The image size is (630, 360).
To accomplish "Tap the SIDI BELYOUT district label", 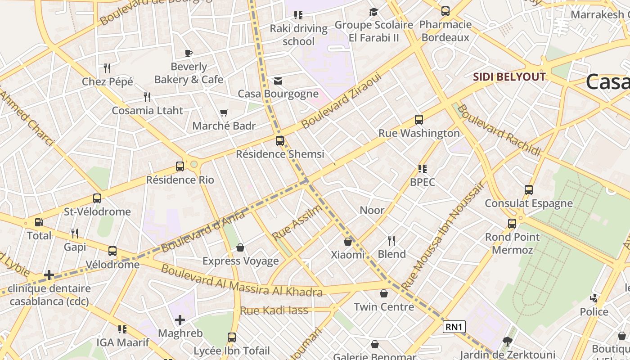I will (x=509, y=77).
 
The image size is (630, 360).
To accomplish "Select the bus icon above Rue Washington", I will (x=419, y=120).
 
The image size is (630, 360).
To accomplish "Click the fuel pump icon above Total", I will (x=39, y=222).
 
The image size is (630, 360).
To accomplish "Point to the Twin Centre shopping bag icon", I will (x=384, y=294).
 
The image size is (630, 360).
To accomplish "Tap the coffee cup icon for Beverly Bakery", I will (x=189, y=54).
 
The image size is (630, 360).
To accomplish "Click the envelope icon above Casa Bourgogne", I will (x=278, y=81).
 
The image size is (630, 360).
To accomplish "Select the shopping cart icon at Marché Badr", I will (x=224, y=113).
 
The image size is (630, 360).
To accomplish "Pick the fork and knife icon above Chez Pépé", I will (x=107, y=68).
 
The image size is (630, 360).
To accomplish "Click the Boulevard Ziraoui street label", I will (x=342, y=100).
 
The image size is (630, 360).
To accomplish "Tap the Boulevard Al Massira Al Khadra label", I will (x=242, y=281).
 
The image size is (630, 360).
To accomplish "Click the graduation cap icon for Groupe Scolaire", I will (x=373, y=12).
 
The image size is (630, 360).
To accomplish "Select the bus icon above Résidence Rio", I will (x=180, y=166).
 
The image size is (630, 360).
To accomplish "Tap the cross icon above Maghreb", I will (x=180, y=320).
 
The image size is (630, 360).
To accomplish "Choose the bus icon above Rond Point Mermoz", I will (x=512, y=224).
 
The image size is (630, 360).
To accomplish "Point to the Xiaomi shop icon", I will (x=347, y=242).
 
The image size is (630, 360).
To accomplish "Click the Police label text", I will (x=594, y=312).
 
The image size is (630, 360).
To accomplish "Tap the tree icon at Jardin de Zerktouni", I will (x=508, y=341).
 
